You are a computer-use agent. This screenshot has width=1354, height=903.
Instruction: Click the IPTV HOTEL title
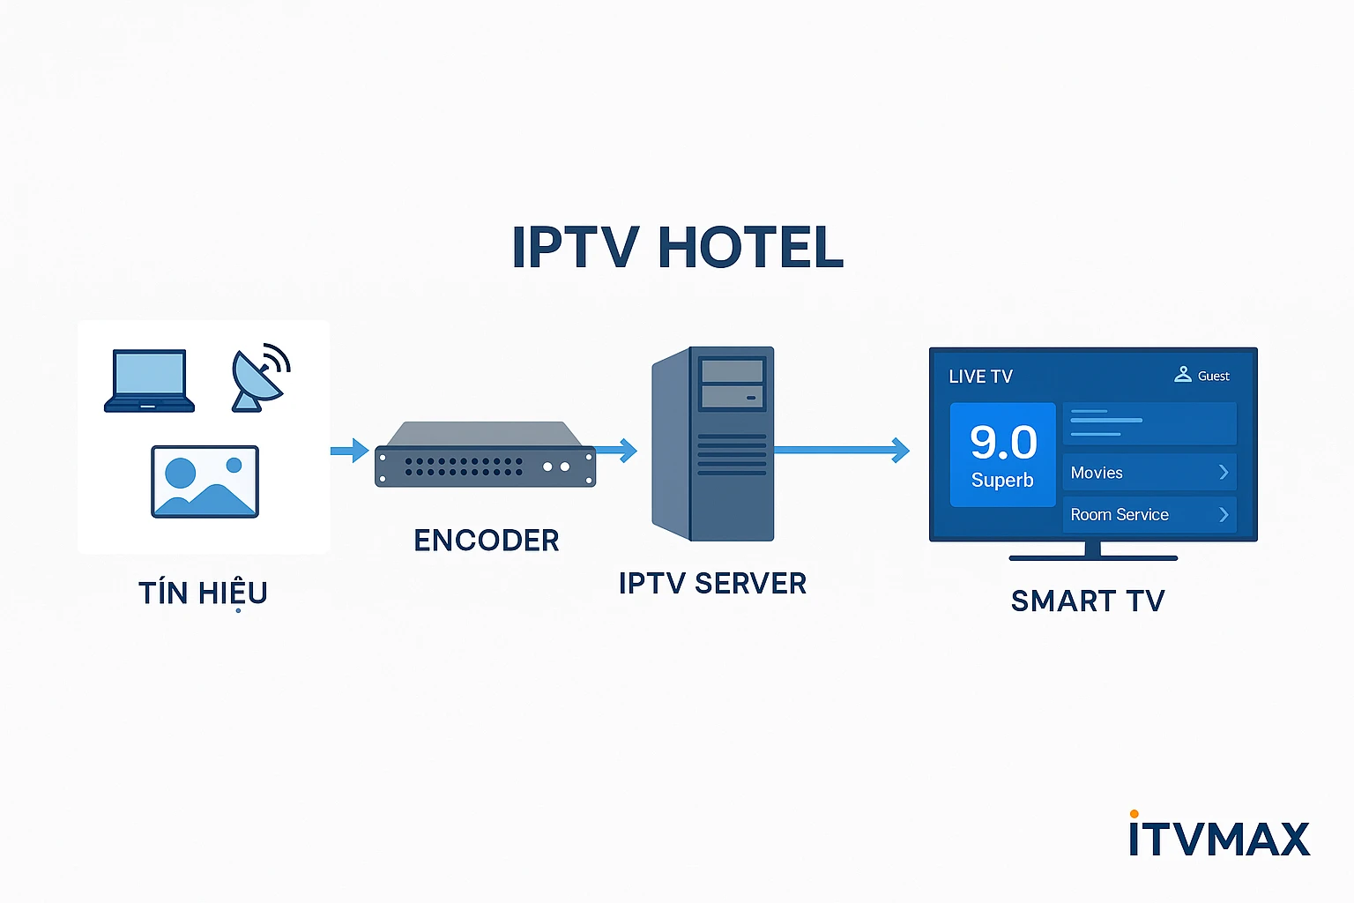pyautogui.click(x=677, y=248)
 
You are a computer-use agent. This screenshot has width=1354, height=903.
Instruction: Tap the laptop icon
pyautogui.click(x=149, y=381)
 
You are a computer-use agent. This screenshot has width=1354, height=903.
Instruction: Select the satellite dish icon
pyautogui.click(x=258, y=377)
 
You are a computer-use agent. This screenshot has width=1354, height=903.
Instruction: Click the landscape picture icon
pyautogui.click(x=205, y=481)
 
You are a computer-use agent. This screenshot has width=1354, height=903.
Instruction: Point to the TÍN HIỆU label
pyautogui.click(x=203, y=593)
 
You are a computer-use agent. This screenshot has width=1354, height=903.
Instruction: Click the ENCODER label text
pyautogui.click(x=486, y=541)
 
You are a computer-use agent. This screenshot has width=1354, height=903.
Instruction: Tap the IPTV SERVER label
pyautogui.click(x=712, y=584)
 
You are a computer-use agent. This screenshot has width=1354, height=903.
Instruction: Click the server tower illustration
pyautogui.click(x=713, y=444)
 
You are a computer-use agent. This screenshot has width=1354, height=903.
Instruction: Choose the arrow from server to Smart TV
pyautogui.click(x=842, y=451)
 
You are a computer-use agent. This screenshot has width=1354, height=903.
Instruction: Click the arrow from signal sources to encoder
pyautogui.click(x=350, y=451)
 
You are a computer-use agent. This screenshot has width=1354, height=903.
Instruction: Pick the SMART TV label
pyautogui.click(x=1088, y=601)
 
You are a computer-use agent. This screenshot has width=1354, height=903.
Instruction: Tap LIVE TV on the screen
pyautogui.click(x=980, y=377)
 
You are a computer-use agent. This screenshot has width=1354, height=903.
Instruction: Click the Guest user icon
pyautogui.click(x=1183, y=375)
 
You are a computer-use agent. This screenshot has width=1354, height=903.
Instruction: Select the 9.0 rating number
pyautogui.click(x=1003, y=442)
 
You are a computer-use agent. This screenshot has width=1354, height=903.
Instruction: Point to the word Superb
pyautogui.click(x=1002, y=481)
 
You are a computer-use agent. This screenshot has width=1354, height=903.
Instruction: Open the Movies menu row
pyautogui.click(x=1149, y=473)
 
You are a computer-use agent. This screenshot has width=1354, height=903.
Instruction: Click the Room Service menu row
pyautogui.click(x=1149, y=515)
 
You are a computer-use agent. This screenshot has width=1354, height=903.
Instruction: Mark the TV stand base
pyautogui.click(x=1093, y=557)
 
